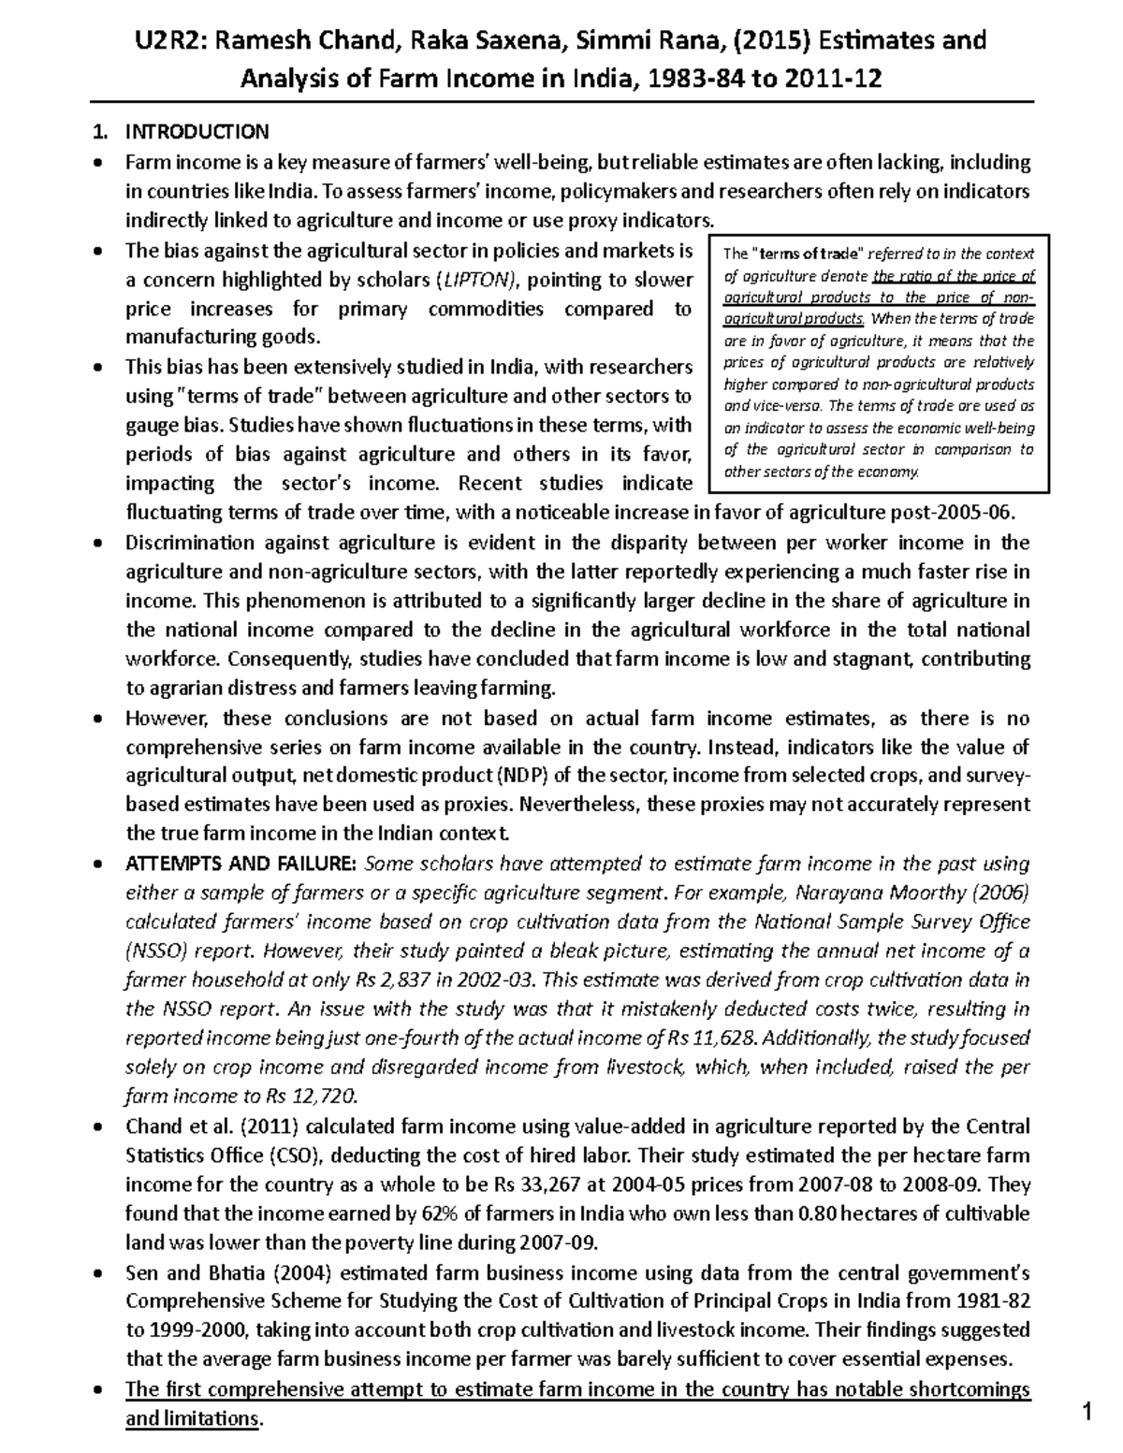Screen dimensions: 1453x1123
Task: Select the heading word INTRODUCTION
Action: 197,132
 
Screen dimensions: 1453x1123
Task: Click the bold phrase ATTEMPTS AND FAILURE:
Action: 241,863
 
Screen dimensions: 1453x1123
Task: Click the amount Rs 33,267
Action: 526,1184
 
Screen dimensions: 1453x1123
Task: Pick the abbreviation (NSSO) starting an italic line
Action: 157,951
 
